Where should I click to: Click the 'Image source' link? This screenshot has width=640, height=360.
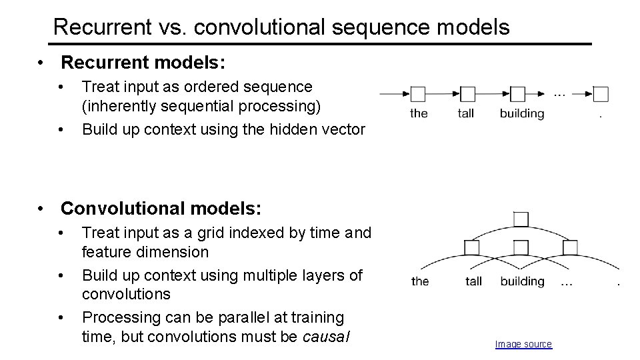click(523, 344)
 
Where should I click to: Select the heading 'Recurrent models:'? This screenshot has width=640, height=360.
click(143, 63)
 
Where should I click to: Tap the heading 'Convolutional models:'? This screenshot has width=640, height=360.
click(161, 209)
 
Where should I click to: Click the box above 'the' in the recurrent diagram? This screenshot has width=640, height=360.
click(418, 94)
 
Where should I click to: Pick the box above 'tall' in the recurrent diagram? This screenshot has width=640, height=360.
click(467, 94)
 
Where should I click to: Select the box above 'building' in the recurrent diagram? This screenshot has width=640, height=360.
click(518, 94)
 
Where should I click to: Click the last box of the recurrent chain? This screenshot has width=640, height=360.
click(601, 94)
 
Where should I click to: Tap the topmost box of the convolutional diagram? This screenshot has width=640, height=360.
click(521, 219)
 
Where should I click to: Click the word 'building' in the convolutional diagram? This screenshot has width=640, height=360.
click(522, 281)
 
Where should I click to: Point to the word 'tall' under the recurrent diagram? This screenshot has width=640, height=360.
click(466, 113)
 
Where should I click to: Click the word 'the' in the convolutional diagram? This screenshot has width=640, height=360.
click(420, 281)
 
